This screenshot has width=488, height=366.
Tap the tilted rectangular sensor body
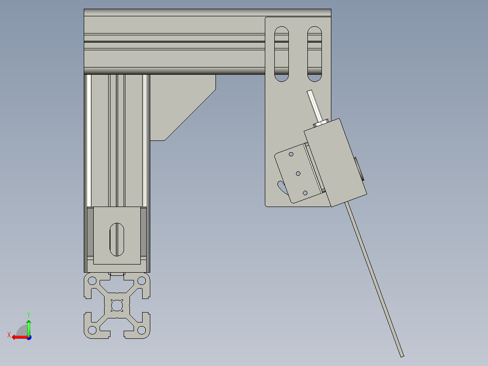pos(335,161)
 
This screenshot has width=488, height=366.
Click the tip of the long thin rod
pos(402,355)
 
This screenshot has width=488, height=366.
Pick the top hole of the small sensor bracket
pos(291,154)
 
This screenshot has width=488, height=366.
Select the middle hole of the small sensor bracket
pos(298,173)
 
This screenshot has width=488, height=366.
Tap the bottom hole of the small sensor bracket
pos(305,193)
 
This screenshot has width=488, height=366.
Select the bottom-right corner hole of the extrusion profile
pos(141,330)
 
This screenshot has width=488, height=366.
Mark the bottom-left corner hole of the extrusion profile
pos(92,330)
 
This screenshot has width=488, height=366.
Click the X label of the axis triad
pos(9,335)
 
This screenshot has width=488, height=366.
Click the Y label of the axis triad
pos(28,314)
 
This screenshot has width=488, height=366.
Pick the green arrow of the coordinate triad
pos(29,327)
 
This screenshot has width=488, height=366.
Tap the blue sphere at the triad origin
pos(29,337)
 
